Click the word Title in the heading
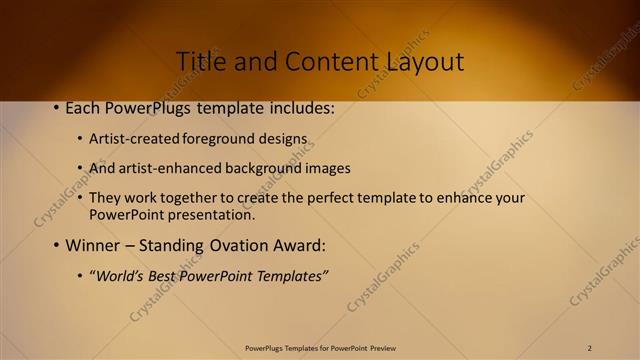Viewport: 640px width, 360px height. point(199,61)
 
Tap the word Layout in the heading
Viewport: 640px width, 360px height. point(425,62)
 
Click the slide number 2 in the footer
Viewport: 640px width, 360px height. point(590,348)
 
